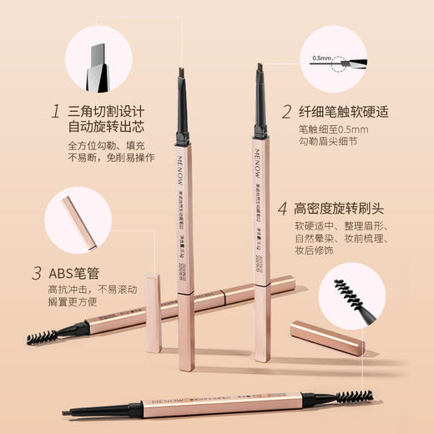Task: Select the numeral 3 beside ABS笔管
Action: pos(37,273)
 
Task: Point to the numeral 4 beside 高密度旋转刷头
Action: pos(283,206)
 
